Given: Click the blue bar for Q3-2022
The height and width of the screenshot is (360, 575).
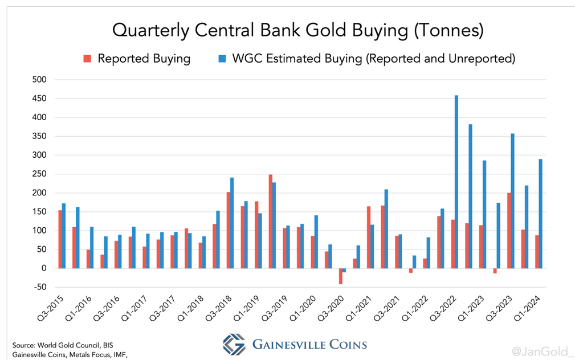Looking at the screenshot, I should (x=456, y=182).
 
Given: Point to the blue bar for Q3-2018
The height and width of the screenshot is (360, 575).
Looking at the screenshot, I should (x=232, y=223).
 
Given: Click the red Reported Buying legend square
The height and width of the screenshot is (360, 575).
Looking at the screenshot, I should (x=87, y=59).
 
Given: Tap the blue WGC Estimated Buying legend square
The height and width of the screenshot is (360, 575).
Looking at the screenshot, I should (x=223, y=59).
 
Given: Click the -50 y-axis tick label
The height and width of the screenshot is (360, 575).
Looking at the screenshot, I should (x=39, y=287).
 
